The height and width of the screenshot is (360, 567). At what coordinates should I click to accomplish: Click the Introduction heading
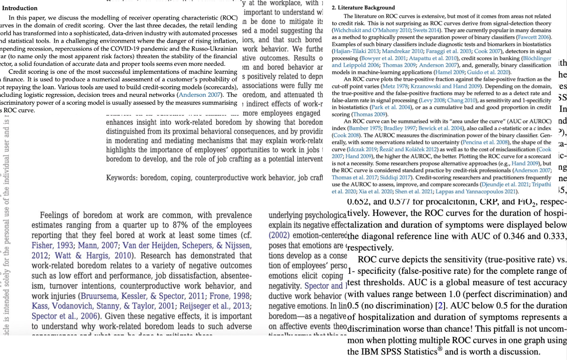(x=20, y=8)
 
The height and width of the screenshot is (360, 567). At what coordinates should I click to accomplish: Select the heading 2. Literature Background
(x=363, y=8)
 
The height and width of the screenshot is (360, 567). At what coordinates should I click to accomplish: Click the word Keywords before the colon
(x=121, y=178)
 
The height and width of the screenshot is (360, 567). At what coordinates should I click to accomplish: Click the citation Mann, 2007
(x=98, y=245)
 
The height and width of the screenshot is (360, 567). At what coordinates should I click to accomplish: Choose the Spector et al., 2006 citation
(x=64, y=316)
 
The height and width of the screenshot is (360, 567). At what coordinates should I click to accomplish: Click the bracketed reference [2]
(x=440, y=306)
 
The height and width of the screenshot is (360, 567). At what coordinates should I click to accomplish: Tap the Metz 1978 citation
(x=394, y=86)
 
